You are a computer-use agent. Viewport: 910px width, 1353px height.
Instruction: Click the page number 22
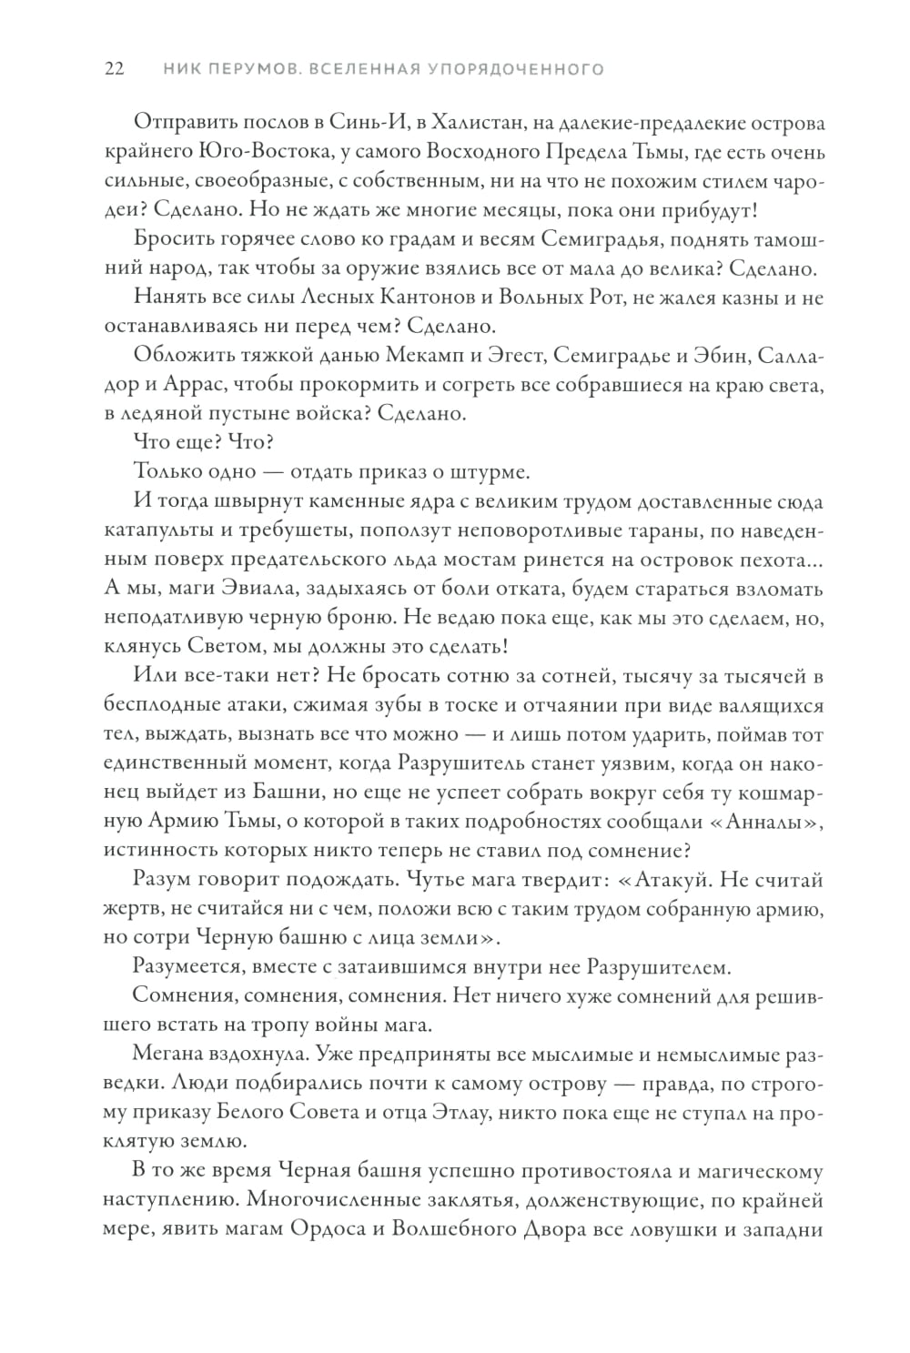pos(115,69)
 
